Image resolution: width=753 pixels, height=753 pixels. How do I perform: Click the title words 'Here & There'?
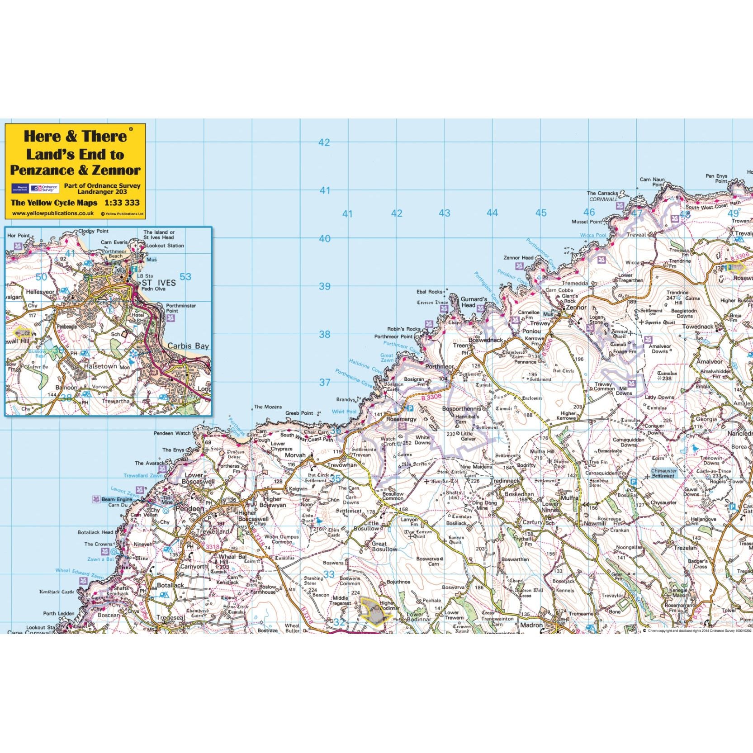click(x=75, y=136)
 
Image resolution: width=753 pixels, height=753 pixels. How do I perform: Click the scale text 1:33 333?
click(x=122, y=203)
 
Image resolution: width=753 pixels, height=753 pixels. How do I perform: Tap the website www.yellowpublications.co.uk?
click(x=53, y=213)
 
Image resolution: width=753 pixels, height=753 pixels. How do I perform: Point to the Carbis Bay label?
click(x=188, y=346)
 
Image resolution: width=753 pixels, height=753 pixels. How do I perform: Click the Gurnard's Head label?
click(x=474, y=302)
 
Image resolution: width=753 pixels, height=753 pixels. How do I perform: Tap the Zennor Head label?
click(x=518, y=258)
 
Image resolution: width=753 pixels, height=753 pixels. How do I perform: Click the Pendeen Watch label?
click(x=172, y=433)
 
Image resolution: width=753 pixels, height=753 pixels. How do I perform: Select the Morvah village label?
click(x=295, y=455)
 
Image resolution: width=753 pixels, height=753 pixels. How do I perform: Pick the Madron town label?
click(x=531, y=625)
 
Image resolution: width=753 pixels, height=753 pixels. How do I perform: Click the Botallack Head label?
click(x=95, y=532)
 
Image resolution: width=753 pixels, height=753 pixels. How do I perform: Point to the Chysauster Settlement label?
click(x=663, y=473)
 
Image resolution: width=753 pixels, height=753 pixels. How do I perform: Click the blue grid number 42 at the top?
click(x=324, y=142)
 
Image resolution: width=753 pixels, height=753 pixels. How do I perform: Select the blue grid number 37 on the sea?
click(x=325, y=383)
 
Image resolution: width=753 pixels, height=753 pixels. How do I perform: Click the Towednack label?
click(x=697, y=327)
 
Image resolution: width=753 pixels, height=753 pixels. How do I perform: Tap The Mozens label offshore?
click(x=268, y=407)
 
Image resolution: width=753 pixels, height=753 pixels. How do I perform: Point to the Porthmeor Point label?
click(x=393, y=337)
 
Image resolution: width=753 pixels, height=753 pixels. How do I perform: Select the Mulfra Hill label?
click(x=542, y=451)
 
